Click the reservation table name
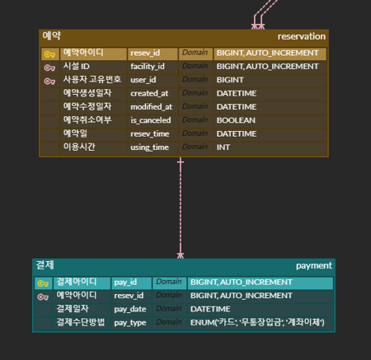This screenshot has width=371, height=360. (301, 36)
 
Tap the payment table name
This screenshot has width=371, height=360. (314, 265)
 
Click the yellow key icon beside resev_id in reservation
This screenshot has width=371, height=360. (49, 54)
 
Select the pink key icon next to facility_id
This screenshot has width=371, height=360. (49, 68)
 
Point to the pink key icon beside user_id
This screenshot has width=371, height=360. (49, 81)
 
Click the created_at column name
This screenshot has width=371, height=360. (149, 93)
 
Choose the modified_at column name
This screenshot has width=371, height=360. (151, 107)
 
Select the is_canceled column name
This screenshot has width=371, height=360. (151, 120)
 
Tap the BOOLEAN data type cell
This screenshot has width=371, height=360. (236, 120)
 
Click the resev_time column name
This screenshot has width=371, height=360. (150, 133)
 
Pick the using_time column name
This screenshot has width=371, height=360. (149, 147)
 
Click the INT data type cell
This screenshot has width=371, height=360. (223, 147)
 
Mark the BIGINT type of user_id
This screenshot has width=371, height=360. (230, 80)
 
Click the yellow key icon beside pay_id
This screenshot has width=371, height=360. (43, 283)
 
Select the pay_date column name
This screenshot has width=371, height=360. (130, 309)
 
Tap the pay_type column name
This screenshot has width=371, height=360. (130, 323)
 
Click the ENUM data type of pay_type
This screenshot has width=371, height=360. (257, 322)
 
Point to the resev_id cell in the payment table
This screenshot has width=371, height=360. (129, 296)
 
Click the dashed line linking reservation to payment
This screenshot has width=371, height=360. (181, 208)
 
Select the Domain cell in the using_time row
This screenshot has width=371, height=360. (195, 147)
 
